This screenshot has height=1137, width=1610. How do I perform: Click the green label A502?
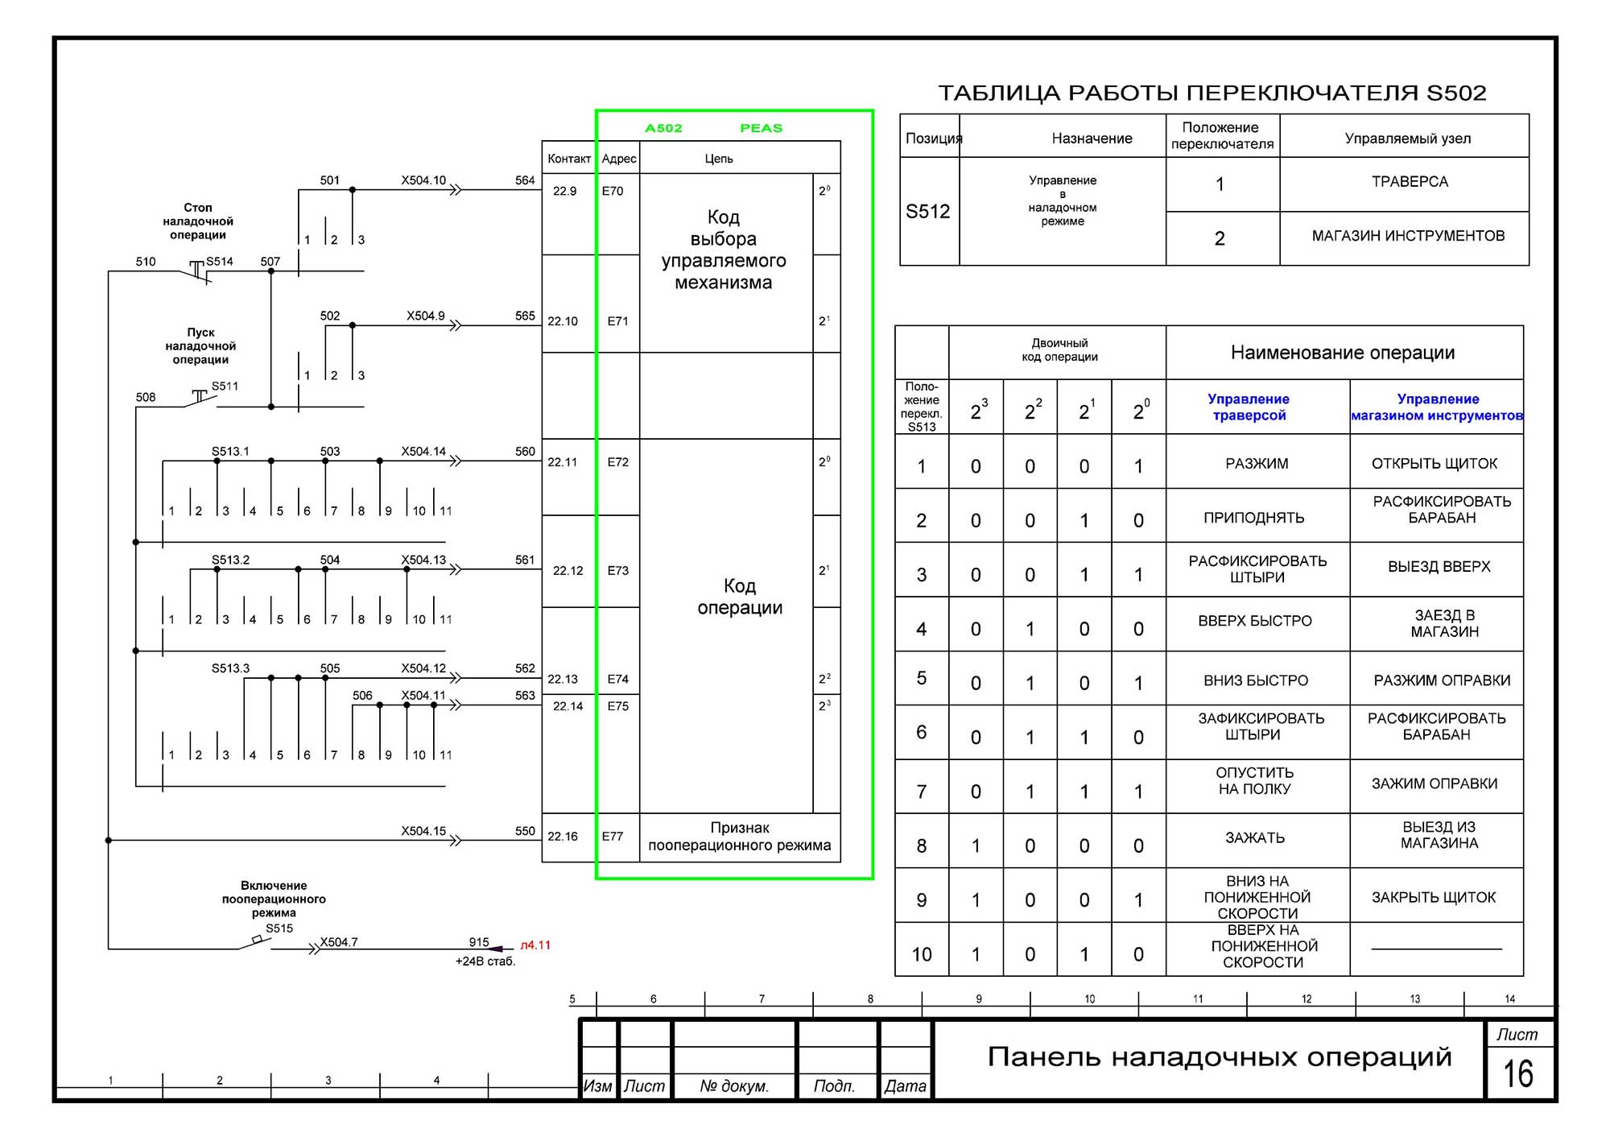pyautogui.click(x=663, y=128)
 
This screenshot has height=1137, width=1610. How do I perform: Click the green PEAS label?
pyautogui.click(x=761, y=128)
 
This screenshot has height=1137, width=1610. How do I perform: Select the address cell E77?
pyautogui.click(x=613, y=836)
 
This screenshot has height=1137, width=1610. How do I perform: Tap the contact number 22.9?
pyautogui.click(x=564, y=191)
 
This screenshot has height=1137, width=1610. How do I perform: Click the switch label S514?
pyautogui.click(x=219, y=261)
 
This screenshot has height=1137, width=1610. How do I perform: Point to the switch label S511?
pyautogui.click(x=225, y=386)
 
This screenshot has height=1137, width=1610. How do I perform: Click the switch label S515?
pyautogui.click(x=279, y=928)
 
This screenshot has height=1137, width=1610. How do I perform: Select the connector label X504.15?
pyautogui.click(x=423, y=830)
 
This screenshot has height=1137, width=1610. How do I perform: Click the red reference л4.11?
pyautogui.click(x=535, y=945)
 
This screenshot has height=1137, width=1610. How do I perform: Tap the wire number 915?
pyautogui.click(x=479, y=941)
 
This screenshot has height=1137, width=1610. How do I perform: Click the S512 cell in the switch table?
pyautogui.click(x=928, y=211)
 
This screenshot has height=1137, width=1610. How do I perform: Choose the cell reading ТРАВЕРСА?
pyautogui.click(x=1410, y=182)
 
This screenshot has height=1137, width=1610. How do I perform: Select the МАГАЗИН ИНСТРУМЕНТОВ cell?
pyautogui.click(x=1408, y=236)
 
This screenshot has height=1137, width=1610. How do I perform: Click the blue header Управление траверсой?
pyautogui.click(x=1249, y=407)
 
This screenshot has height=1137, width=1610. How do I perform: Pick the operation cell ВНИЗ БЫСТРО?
pyautogui.click(x=1256, y=680)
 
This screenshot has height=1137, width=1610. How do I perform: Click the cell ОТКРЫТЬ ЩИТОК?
pyautogui.click(x=1435, y=463)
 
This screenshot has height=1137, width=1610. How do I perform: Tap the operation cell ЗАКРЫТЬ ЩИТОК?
pyautogui.click(x=1434, y=897)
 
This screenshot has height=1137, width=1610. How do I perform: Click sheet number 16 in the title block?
pyautogui.click(x=1517, y=1073)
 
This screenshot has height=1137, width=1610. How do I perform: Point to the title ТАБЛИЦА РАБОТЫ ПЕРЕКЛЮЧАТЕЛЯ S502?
pyautogui.click(x=1212, y=93)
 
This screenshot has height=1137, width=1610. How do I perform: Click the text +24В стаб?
pyautogui.click(x=485, y=961)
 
